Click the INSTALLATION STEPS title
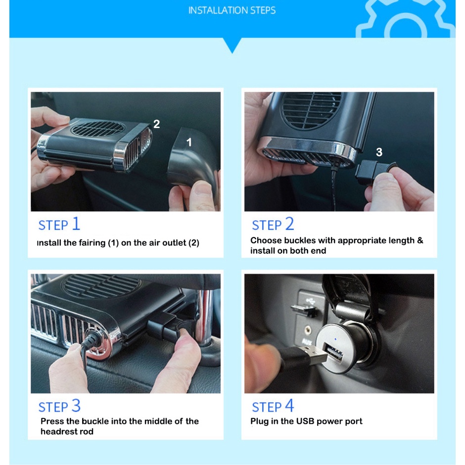[232, 10]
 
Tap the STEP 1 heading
[59, 224]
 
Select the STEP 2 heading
[273, 224]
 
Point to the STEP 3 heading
[59, 406]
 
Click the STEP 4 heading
[273, 406]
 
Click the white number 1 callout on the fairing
[189, 142]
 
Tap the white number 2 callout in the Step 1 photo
[157, 124]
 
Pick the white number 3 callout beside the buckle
[379, 152]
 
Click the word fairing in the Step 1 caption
[92, 243]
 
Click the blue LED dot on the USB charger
[335, 339]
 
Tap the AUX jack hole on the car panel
[308, 329]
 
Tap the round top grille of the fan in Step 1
[98, 129]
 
